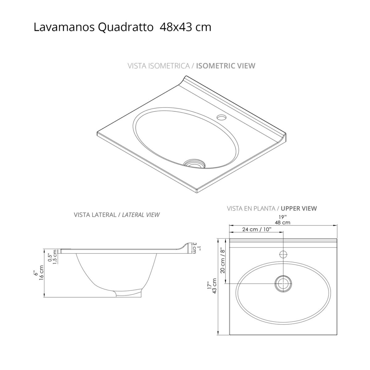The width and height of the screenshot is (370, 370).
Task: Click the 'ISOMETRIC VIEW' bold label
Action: pos(226,66)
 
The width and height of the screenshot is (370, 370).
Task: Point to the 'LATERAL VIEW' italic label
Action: pos(141,215)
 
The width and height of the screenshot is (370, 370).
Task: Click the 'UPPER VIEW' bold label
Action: pos(299,208)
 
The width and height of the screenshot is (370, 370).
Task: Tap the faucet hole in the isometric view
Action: pos(221,117)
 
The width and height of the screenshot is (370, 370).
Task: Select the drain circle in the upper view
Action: pos(283,283)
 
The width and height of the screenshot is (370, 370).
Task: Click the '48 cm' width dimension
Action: pos(283,222)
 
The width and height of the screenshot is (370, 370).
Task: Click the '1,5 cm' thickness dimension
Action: pos(55,257)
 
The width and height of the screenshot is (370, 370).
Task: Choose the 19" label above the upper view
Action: pos(283,217)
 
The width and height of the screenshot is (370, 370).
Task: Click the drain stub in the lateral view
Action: pos(129,294)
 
